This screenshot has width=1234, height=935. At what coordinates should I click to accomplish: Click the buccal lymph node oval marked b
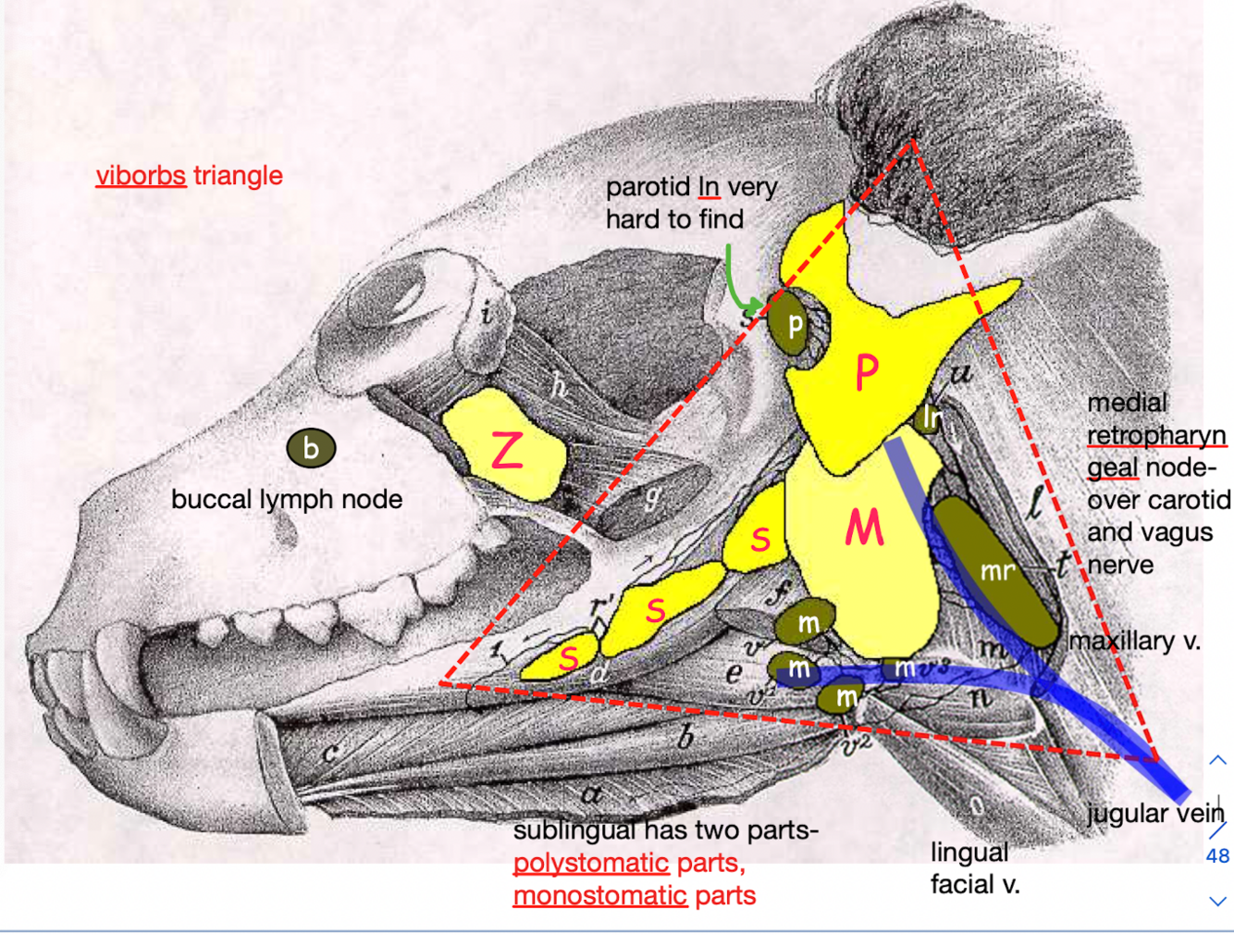pos(311,448)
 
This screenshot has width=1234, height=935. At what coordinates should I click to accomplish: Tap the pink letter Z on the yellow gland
pos(507,451)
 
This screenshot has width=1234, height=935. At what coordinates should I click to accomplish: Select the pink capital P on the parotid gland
pos(866,372)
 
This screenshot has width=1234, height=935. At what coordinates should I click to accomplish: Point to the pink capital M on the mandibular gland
pos(864,529)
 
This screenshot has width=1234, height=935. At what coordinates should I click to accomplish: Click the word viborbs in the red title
pos(141,175)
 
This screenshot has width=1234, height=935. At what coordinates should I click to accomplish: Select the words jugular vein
pos(1155,813)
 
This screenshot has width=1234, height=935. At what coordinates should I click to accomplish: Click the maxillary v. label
pos(1134,641)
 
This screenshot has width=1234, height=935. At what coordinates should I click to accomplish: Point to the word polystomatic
pos(590,863)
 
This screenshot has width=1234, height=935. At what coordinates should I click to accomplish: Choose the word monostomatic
pos(599,896)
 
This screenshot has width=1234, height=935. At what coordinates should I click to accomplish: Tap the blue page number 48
pos(1217,856)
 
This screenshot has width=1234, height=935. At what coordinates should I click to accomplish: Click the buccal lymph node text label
pos(287,499)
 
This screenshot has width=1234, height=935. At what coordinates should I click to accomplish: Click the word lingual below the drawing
pos(969,852)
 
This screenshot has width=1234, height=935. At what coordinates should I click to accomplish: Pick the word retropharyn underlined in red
pos(1156,435)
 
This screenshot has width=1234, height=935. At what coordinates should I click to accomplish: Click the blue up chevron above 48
pos(1217,760)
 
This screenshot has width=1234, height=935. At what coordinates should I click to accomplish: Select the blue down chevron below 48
pos(1217,901)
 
